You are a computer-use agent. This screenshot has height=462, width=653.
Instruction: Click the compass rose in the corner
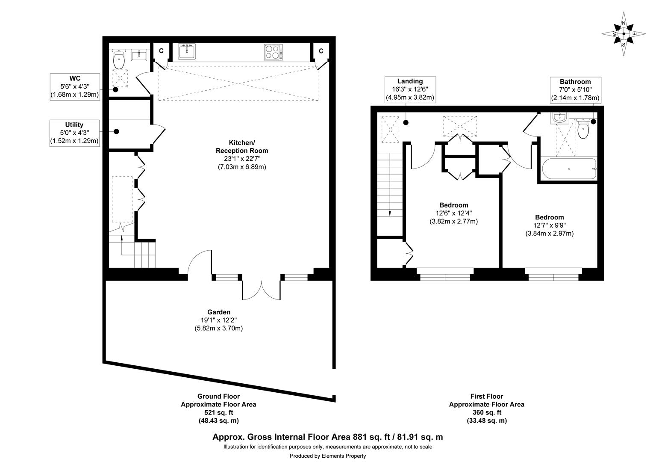pos(624,34)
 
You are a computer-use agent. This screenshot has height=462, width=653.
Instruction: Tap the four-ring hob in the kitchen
pos(273,52)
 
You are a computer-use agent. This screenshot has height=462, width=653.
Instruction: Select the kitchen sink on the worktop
pos(187,52)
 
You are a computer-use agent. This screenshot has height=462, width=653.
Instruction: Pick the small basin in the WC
pos(138,55)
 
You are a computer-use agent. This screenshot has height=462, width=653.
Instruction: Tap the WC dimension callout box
pos(75,87)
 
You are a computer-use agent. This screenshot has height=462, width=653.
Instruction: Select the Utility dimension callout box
pos(75,133)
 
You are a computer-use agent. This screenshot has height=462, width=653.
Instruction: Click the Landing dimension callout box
pos(410,89)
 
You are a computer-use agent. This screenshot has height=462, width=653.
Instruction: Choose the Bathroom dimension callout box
pos(575,89)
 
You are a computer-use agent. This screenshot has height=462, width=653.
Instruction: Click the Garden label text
pos(219,312)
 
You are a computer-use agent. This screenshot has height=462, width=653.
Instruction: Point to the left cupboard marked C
pos(161,51)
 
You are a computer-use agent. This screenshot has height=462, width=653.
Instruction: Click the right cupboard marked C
pos(321,51)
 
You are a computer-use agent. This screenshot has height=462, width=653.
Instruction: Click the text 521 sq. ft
pos(218,412)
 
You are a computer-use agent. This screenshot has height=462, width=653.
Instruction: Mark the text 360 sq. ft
pos(486,412)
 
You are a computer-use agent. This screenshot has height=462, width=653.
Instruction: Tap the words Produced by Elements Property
pos(328,456)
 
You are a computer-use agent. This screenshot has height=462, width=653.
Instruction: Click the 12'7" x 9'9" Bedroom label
pos(549,225)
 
